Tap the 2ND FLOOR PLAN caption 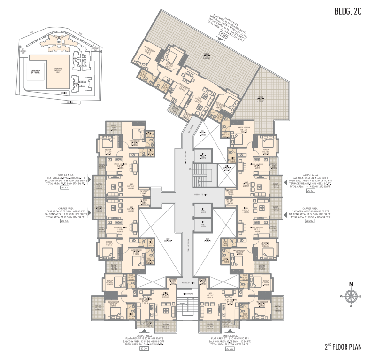pyautogui.click(x=346, y=348)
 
